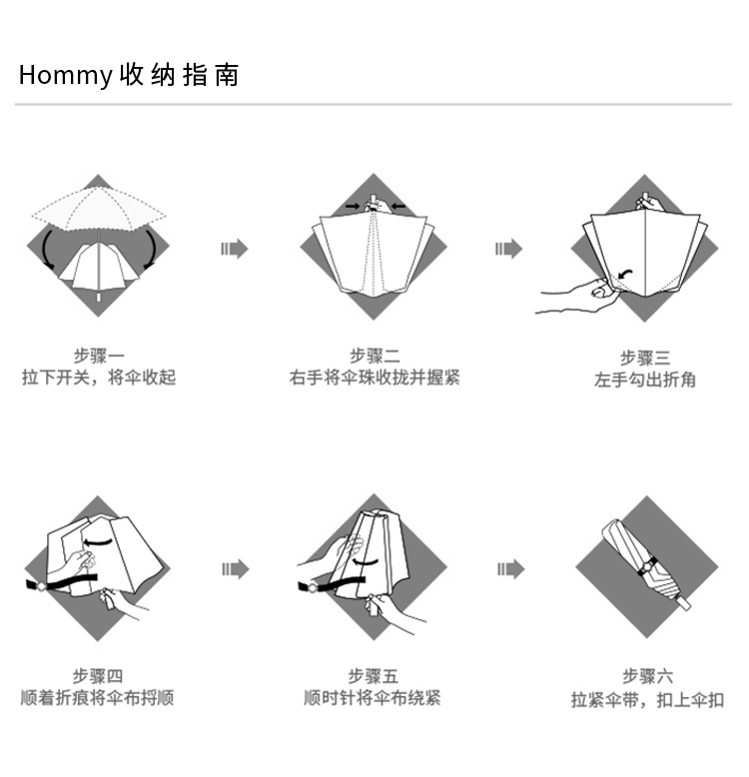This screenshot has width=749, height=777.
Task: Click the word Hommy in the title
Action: (65, 75)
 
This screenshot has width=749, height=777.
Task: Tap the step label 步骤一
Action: (98, 356)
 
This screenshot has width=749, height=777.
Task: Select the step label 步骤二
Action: (374, 356)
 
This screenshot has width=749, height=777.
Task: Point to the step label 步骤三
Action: (645, 358)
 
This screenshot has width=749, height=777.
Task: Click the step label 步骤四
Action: (98, 676)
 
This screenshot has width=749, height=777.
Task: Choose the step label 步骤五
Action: (373, 676)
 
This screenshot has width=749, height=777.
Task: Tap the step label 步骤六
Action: (647, 676)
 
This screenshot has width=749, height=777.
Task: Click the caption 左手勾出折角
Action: (645, 380)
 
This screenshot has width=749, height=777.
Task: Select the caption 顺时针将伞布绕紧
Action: (373, 698)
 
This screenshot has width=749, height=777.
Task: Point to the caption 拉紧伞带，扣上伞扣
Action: (647, 699)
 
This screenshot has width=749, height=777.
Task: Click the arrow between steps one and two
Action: (234, 249)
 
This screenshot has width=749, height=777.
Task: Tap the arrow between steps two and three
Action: (508, 249)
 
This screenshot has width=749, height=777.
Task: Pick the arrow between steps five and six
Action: (509, 569)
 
